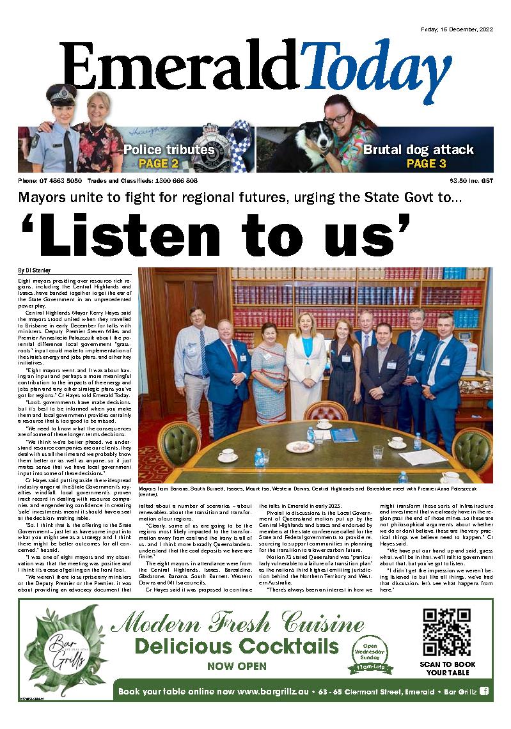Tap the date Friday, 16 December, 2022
pos(455,29)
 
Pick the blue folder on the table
pos(344,435)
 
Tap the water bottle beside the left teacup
pos(259,457)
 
